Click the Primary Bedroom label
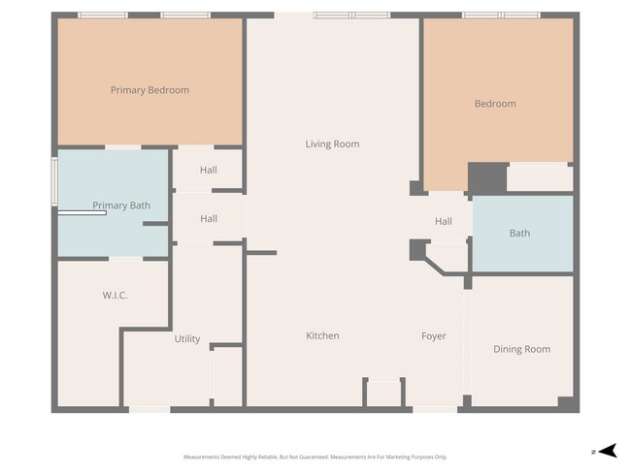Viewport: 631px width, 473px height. click(x=149, y=90)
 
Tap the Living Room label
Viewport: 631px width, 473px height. click(x=332, y=144)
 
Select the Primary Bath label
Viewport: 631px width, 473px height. click(x=121, y=205)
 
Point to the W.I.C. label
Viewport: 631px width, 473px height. click(x=116, y=295)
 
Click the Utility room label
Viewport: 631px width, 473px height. click(x=187, y=339)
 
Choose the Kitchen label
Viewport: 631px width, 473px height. click(x=322, y=335)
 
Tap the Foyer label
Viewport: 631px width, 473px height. click(x=433, y=336)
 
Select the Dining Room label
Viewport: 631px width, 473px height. click(x=521, y=349)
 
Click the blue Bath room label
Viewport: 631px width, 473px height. click(x=519, y=233)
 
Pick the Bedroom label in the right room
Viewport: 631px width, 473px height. click(x=495, y=104)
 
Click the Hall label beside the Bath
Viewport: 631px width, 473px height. click(x=443, y=222)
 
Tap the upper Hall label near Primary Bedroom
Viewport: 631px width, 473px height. click(x=209, y=170)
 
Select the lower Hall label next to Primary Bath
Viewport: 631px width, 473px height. click(x=209, y=219)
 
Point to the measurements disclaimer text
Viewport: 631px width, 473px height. click(x=315, y=457)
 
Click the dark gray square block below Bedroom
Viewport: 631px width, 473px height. click(x=487, y=178)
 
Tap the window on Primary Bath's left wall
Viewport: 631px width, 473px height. click(x=54, y=183)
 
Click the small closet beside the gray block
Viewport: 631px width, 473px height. click(x=540, y=178)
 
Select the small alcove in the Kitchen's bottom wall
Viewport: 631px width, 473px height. click(x=383, y=393)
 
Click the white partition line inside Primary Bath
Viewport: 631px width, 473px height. click(x=82, y=213)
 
